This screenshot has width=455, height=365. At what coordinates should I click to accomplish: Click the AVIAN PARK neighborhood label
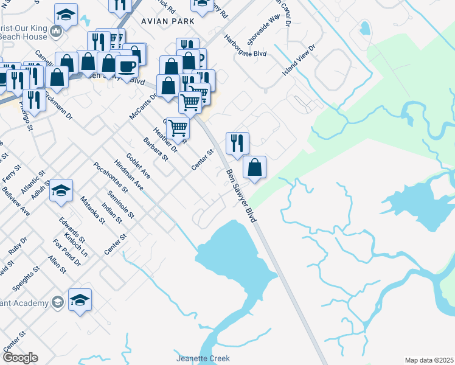click(x=168, y=21)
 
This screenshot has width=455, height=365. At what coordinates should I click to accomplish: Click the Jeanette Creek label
click(x=203, y=358)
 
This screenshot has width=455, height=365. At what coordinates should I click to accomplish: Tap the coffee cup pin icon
click(x=127, y=66)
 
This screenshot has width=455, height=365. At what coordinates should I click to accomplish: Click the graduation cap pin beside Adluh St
click(x=62, y=190)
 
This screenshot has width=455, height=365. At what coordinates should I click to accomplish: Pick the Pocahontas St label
click(x=110, y=177)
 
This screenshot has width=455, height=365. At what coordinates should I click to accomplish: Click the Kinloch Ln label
click(x=76, y=244)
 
